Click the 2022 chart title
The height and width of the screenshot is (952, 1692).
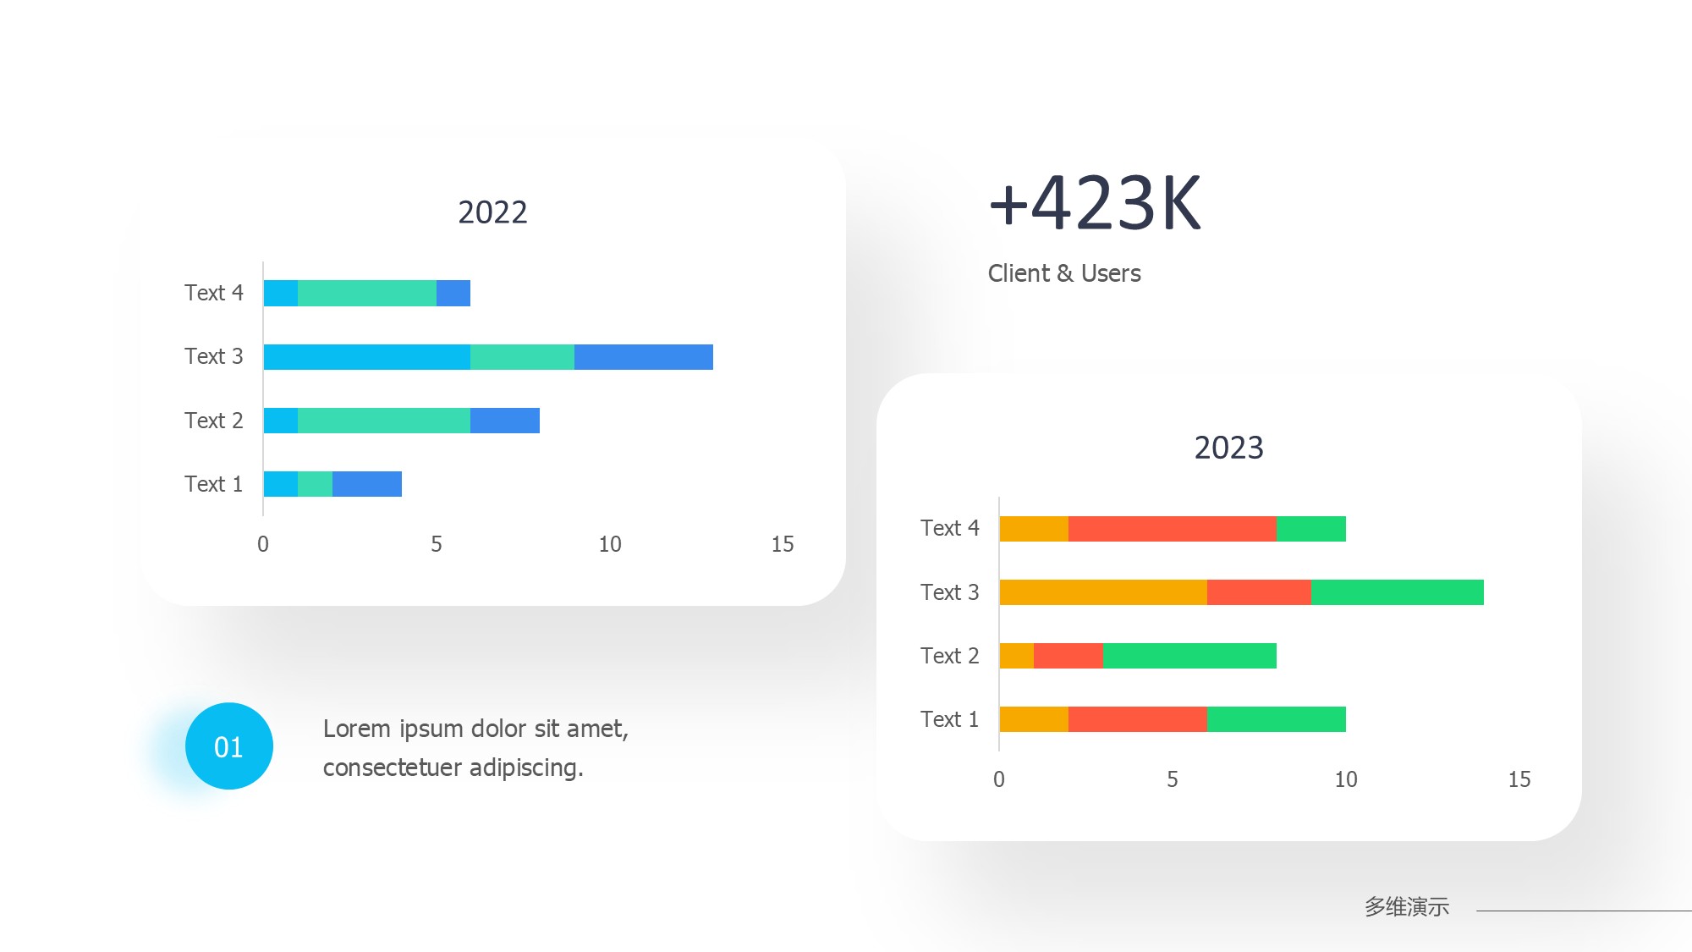(x=492, y=212)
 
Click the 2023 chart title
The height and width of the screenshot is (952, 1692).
(x=1228, y=448)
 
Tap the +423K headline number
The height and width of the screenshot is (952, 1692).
(x=1095, y=204)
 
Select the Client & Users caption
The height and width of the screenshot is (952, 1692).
(x=1064, y=273)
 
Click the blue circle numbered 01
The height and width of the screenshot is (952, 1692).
(x=228, y=746)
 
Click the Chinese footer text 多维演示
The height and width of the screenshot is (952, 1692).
(x=1406, y=907)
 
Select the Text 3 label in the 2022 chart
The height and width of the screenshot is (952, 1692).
(x=213, y=356)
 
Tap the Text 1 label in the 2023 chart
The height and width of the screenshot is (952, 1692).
(x=949, y=719)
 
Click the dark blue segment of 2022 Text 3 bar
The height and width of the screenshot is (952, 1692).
(x=643, y=357)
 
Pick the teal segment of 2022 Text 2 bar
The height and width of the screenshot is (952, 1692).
(x=383, y=421)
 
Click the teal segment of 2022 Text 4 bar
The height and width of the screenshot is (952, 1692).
(x=366, y=294)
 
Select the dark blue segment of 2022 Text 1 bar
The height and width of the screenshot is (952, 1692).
(x=366, y=484)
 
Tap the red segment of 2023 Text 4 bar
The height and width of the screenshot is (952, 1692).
(x=1172, y=529)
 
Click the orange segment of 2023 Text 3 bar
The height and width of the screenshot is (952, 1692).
(x=1102, y=592)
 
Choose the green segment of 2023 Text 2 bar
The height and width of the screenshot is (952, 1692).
(x=1189, y=656)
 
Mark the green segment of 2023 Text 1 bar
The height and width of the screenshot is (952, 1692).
(x=1276, y=719)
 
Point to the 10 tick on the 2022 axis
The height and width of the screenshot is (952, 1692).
(x=610, y=544)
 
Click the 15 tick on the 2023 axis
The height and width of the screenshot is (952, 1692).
(x=1519, y=779)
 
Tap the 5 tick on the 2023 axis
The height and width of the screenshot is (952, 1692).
(x=1173, y=779)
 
